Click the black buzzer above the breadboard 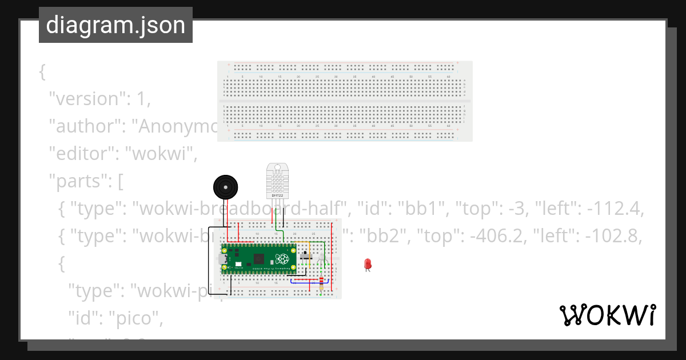point(225,187)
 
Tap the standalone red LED point(368,264)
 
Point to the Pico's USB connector point(222,259)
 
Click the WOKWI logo point(607,315)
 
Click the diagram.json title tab point(115,25)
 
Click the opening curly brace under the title point(42,73)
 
